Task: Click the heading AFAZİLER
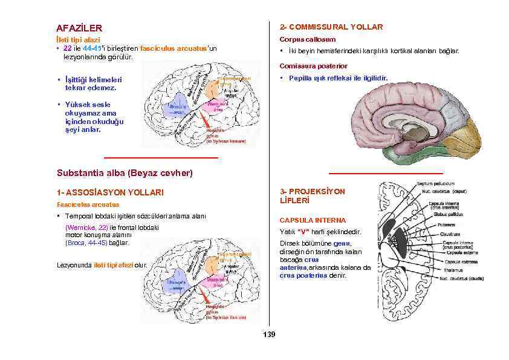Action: click(x=79, y=28)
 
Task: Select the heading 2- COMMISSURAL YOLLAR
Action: click(x=331, y=27)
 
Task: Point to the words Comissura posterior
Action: click(x=313, y=65)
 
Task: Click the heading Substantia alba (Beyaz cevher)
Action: click(x=124, y=173)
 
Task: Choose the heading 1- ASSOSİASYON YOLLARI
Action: click(x=109, y=192)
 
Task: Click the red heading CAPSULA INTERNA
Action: click(x=312, y=220)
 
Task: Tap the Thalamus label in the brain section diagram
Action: click(x=453, y=270)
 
